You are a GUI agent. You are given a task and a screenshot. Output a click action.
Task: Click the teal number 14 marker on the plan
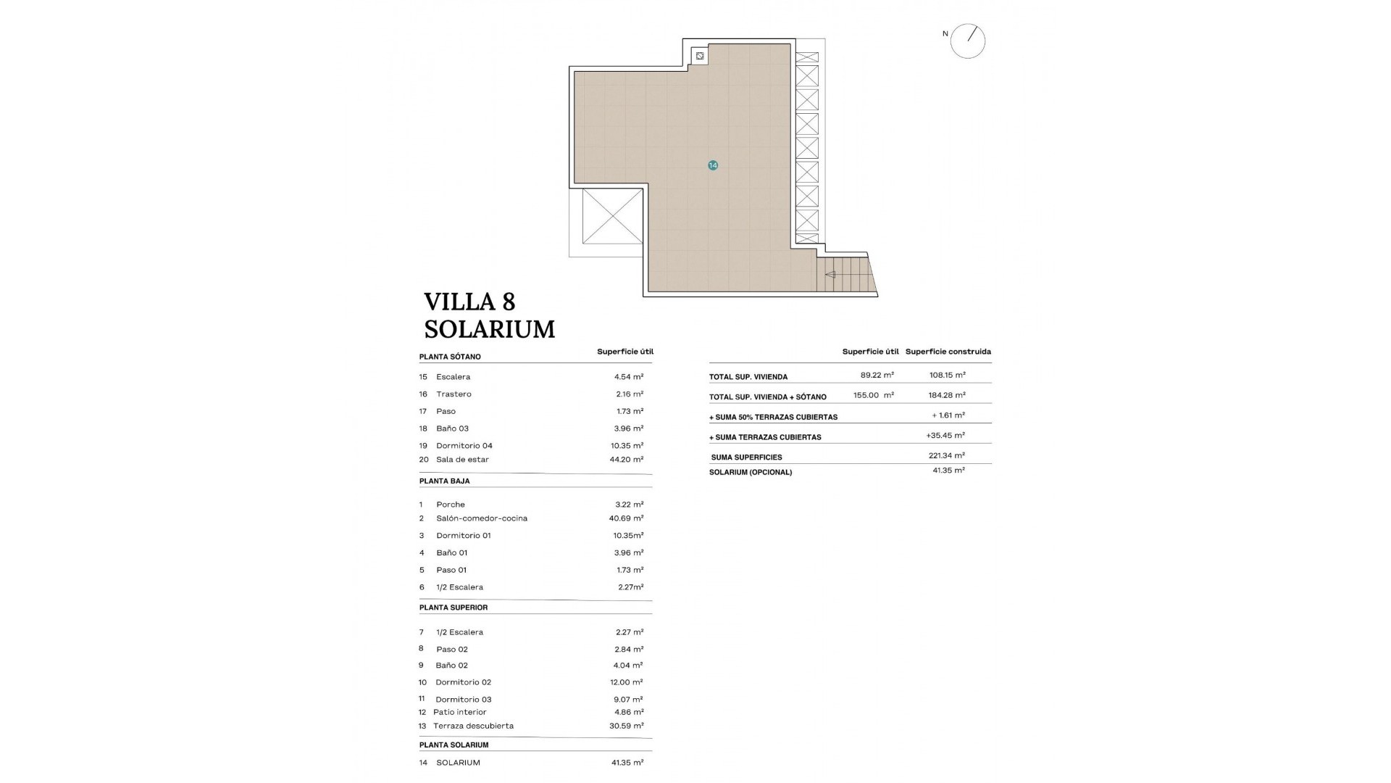713,165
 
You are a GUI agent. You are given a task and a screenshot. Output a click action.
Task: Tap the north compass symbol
968,41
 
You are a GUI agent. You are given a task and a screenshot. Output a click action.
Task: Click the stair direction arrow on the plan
830,275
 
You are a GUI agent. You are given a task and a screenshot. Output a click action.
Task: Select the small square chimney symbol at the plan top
700,55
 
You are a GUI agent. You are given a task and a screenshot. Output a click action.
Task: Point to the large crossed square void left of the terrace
612,216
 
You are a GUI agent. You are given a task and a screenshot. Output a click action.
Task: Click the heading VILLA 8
469,302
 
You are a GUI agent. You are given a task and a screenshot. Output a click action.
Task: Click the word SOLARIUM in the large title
490,329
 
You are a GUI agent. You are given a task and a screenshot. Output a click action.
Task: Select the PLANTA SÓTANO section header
450,357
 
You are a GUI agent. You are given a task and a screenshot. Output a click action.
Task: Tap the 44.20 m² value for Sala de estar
627,459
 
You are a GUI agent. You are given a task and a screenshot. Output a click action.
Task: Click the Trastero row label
454,394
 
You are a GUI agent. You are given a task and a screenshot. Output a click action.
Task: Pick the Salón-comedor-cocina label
482,518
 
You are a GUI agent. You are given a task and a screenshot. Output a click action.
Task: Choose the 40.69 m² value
626,518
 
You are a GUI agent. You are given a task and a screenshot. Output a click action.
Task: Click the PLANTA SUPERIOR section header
454,608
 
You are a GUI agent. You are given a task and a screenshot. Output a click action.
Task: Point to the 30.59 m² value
627,726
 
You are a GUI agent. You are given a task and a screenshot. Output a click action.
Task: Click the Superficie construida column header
948,352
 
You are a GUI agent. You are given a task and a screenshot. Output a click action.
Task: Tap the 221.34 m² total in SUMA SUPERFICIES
947,455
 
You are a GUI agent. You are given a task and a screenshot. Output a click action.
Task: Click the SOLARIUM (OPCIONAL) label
751,472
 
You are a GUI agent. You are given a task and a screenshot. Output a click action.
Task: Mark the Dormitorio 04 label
464,446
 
